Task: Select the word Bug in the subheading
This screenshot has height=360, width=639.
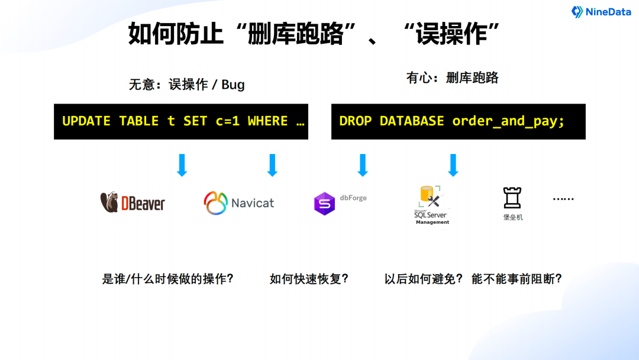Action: (233, 85)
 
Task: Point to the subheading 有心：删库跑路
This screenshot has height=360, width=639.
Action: (452, 78)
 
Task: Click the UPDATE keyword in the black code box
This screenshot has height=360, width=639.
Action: (86, 121)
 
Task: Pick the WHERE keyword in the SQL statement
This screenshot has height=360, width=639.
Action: (267, 121)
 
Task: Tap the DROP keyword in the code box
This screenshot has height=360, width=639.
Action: (356, 121)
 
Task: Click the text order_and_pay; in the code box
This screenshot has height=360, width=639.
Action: (508, 122)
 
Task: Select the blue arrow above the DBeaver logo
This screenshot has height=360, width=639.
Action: (182, 165)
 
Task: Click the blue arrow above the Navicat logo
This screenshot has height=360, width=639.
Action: (272, 165)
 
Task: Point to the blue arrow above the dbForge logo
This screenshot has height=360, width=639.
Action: (363, 165)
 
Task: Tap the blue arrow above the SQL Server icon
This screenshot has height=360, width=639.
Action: (453, 165)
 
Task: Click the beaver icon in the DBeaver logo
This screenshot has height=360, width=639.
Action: (109, 202)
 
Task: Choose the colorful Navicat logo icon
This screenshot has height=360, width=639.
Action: (216, 203)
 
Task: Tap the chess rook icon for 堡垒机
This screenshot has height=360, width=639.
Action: (512, 198)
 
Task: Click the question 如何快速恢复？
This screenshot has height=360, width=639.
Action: (309, 279)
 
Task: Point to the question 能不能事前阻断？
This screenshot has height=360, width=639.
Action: (516, 279)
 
